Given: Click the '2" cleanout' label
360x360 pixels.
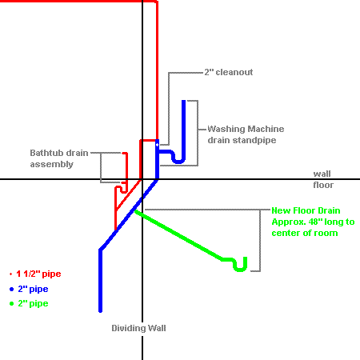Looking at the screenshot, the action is point(229,72).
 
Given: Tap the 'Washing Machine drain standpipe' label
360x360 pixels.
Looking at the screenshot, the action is point(246,134).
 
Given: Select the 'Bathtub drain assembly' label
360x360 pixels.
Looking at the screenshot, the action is point(59,158).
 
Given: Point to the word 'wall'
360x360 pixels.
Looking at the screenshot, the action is point(322,174).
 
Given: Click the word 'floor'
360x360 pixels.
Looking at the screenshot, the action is point(323,185).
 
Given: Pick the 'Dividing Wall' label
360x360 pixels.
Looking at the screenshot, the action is point(138,328).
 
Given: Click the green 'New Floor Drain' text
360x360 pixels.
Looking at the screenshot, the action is point(306,210).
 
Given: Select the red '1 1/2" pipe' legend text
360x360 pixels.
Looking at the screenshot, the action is point(38,274).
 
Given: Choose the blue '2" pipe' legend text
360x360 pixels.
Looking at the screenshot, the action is point(33,289).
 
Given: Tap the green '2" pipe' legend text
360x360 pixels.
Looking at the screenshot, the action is point(33,303).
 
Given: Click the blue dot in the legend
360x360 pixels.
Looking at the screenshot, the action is point(11,289).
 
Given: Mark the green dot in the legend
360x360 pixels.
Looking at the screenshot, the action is point(11,303).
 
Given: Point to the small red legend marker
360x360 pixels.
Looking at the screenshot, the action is point(10,274).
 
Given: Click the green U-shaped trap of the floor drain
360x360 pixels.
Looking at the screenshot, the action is point(240,270).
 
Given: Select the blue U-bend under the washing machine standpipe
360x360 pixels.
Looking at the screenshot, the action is point(178,162).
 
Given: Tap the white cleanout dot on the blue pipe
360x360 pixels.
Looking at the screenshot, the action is point(157,145).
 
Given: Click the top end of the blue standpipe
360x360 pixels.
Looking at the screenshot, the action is point(183,101).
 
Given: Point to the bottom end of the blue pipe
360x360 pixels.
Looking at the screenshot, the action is point(101,311).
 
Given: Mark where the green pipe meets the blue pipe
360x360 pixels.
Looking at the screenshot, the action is point(136,211).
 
